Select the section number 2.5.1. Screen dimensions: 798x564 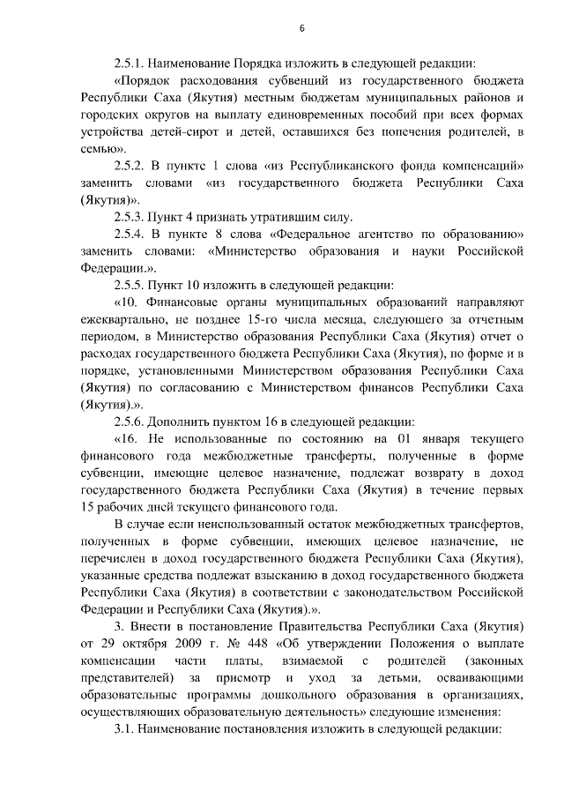(130, 64)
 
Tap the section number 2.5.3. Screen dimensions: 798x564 (130, 217)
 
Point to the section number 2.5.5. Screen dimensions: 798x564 (130, 285)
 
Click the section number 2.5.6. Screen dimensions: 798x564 (130, 421)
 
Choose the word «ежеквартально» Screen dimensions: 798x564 (121, 319)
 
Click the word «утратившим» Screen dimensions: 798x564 (257, 217)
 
